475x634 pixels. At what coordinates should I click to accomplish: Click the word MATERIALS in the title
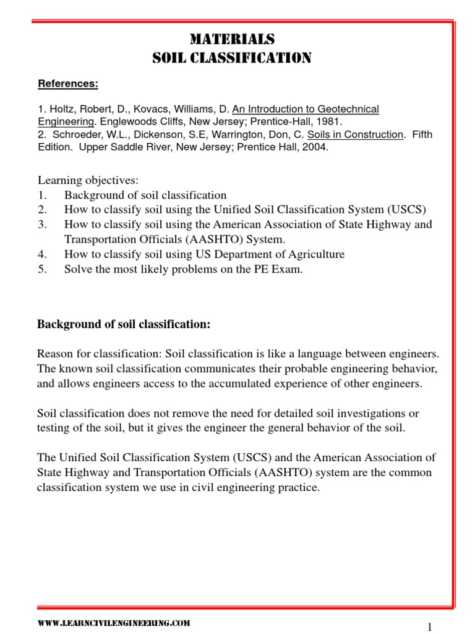click(232, 40)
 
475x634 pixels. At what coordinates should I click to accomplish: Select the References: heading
click(68, 84)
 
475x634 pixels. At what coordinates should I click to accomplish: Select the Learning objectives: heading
click(88, 180)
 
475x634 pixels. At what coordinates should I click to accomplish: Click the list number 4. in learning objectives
click(42, 254)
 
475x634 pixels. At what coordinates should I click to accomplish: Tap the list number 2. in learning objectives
click(42, 210)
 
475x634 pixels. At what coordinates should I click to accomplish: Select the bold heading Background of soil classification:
click(124, 324)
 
